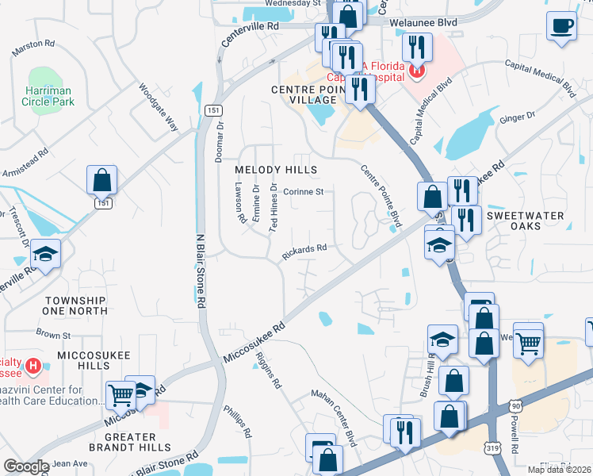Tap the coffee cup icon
click(562, 25)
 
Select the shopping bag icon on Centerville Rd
click(102, 181)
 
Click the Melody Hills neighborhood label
click(276, 171)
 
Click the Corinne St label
click(304, 191)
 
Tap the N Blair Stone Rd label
click(201, 271)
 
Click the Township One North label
click(75, 305)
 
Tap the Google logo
click(26, 466)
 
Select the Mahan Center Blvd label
click(335, 416)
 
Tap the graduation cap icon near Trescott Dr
click(46, 255)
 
